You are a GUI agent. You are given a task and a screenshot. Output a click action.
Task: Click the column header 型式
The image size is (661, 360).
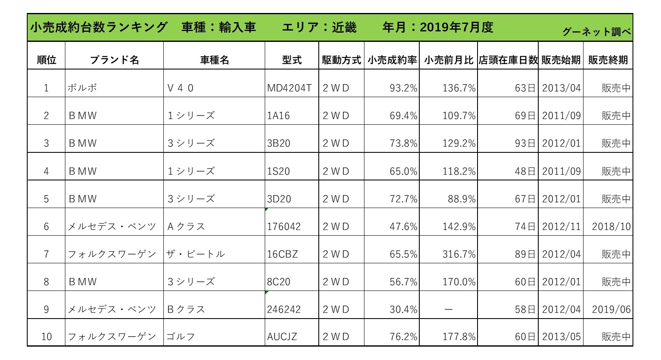(x=292, y=60)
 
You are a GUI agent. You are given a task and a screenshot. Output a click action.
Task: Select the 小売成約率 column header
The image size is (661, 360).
(x=392, y=60)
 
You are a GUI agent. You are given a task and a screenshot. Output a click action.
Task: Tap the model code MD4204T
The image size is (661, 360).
(x=289, y=88)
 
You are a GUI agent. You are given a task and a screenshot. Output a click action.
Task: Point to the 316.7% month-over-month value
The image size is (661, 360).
(x=459, y=255)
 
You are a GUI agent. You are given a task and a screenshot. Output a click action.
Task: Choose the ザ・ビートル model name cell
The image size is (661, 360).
(x=196, y=255)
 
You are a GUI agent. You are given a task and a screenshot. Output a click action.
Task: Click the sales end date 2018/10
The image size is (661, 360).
(x=611, y=227)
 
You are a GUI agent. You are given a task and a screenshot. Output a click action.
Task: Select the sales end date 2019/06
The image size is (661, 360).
(x=611, y=310)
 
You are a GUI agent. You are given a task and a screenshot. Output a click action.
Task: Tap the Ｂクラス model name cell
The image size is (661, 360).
(x=186, y=310)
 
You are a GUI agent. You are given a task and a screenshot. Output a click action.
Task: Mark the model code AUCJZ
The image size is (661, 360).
(x=282, y=337)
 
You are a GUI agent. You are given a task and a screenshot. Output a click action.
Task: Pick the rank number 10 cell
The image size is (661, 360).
(x=46, y=337)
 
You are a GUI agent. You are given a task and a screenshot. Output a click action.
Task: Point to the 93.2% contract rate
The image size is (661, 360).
(x=403, y=88)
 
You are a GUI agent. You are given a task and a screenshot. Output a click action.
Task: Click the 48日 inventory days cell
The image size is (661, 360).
(x=525, y=172)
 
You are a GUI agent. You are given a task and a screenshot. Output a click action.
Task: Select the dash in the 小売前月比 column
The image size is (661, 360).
(x=449, y=310)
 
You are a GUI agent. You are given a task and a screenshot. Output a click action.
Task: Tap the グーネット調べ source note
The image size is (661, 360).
(x=596, y=32)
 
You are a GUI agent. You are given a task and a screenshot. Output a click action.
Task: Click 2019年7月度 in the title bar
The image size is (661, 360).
(x=457, y=28)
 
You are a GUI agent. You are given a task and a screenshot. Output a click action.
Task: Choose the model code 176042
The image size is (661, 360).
(x=284, y=227)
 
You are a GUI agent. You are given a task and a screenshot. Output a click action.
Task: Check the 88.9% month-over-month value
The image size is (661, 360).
(x=462, y=199)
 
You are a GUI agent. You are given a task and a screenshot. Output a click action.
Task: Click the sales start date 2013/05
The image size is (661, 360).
(x=561, y=337)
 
